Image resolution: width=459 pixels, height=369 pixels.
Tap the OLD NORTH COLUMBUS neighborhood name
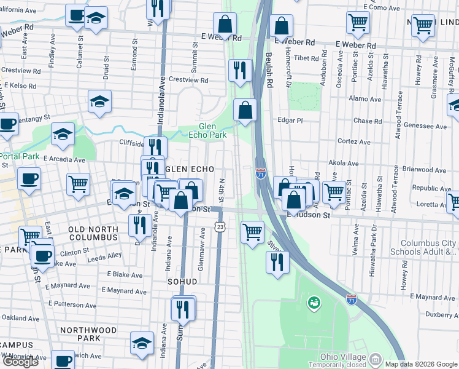click(93, 233)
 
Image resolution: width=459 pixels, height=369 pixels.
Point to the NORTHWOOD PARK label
click(89, 334)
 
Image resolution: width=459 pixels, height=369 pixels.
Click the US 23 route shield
click(220, 228)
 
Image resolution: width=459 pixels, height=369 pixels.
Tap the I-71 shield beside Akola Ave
click(260, 174)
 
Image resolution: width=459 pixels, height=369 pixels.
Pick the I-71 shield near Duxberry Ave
click(350, 300)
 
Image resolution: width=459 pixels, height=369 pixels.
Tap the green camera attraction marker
click(314, 303)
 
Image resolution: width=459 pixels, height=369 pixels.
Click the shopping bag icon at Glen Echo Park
click(245, 111)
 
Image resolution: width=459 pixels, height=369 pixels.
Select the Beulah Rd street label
click(269, 68)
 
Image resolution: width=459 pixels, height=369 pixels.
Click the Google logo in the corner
click(20, 362)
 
